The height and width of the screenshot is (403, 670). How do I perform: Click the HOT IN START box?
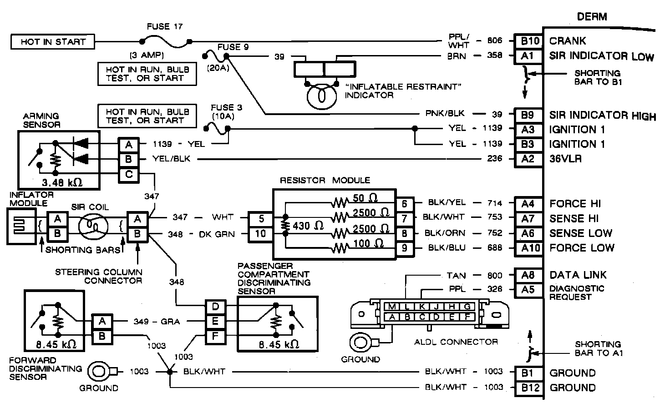(x=53, y=41)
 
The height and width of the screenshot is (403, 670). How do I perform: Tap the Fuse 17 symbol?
(x=165, y=42)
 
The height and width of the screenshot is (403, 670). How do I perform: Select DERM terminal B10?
(x=528, y=41)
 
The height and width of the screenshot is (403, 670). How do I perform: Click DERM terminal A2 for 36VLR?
(x=528, y=159)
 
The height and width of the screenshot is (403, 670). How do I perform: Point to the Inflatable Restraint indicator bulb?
(x=322, y=96)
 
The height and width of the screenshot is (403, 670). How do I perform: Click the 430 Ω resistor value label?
(x=308, y=226)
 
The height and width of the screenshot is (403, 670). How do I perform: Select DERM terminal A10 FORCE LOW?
(x=528, y=248)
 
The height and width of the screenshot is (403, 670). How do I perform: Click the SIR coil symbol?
(x=93, y=226)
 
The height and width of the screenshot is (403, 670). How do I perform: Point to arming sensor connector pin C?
(x=129, y=175)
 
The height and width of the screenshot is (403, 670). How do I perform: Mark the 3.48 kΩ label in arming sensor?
(x=62, y=182)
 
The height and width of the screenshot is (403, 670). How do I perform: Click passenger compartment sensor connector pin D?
(x=215, y=307)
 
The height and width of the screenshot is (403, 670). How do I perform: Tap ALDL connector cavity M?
(x=392, y=307)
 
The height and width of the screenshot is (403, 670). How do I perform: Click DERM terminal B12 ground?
(x=528, y=388)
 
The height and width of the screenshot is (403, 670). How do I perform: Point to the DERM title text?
(x=592, y=17)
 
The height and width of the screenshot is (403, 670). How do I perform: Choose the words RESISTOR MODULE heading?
(x=325, y=180)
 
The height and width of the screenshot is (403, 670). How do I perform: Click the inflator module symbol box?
(x=21, y=227)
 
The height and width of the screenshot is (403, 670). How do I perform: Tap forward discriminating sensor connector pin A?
(x=102, y=322)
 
